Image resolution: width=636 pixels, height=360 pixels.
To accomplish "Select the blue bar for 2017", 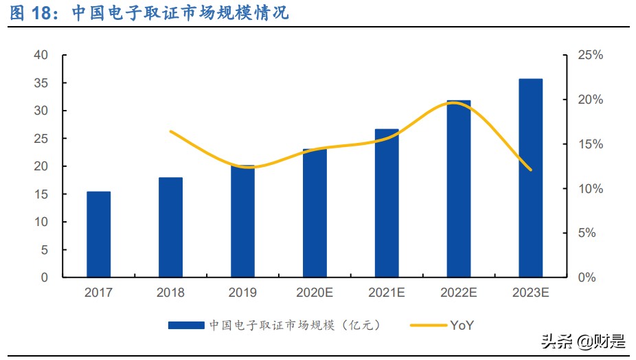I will [98, 234].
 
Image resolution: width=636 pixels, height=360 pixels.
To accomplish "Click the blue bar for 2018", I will [170, 227].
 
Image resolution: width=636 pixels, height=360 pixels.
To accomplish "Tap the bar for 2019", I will [242, 221].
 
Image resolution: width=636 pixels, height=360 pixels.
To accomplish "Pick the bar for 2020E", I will [315, 213].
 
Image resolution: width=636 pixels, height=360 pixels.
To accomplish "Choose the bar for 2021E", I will [387, 203].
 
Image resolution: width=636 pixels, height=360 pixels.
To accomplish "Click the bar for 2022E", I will [459, 189].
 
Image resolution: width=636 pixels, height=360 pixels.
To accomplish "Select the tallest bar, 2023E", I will [530, 179].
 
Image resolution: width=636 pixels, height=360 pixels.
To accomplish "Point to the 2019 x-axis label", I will [242, 293].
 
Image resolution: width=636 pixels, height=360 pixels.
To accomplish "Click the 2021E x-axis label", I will [387, 293].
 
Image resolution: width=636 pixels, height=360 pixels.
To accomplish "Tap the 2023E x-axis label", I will [530, 293].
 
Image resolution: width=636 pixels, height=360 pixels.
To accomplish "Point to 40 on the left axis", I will [41, 55].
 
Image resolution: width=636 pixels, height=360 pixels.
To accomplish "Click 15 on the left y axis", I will [41, 194].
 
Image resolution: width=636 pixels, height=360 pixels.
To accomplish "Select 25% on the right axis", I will [589, 55].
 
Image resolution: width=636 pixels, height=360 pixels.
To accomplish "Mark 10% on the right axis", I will [589, 189].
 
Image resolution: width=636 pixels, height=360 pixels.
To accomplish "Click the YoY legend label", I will [462, 325].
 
